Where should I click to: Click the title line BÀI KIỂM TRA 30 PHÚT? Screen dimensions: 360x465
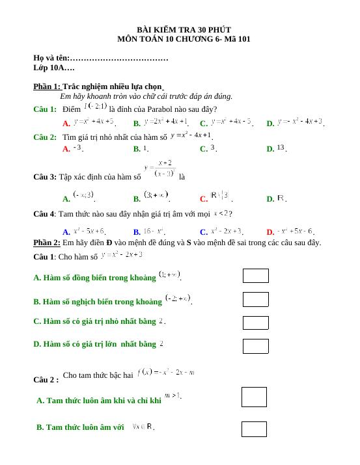point(184,30)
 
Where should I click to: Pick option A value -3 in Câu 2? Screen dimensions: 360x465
point(77,148)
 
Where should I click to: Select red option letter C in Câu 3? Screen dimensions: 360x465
point(204,199)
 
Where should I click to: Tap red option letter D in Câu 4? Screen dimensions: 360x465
point(270,232)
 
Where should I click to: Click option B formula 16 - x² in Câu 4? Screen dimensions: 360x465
point(154,230)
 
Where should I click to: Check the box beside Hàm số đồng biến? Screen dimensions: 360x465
point(255,276)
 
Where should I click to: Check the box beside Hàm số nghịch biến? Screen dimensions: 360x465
point(255,299)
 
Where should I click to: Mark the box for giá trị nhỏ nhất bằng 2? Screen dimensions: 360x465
point(255,323)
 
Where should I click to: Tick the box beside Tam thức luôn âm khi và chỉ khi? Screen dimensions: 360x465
point(254,397)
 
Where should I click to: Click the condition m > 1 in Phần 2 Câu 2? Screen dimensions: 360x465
point(173,395)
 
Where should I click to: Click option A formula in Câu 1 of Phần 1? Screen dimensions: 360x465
point(94,121)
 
